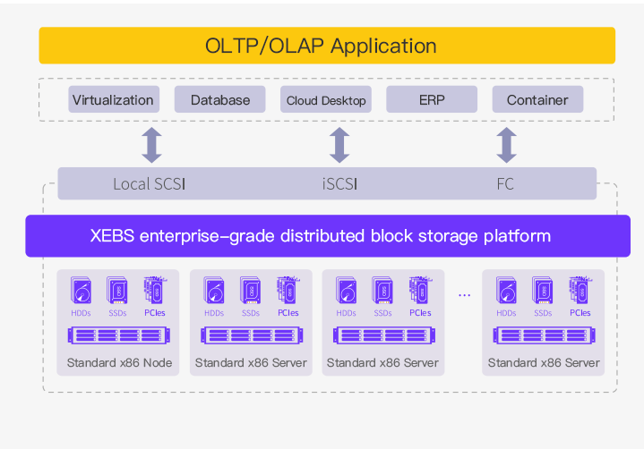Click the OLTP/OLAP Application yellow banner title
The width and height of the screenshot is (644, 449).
321,46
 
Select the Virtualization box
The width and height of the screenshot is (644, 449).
114,99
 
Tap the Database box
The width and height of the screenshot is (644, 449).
219,99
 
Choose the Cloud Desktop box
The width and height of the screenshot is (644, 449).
326,99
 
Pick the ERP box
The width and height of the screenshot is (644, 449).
432,99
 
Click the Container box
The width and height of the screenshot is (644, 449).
537,99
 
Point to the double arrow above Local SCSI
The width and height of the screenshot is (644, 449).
152,145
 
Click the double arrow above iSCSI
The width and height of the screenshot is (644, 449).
339,145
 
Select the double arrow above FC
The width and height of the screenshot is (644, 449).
506,145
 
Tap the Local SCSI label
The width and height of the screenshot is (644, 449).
149,184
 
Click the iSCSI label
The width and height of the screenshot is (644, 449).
339,184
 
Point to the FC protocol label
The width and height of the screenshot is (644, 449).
505,184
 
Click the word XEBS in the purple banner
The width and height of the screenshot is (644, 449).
112,236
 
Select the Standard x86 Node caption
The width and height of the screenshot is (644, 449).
119,363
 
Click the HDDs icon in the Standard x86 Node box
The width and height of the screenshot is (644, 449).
81,291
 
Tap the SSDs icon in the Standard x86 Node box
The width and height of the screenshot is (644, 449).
117,291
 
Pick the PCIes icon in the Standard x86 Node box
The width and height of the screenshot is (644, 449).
155,291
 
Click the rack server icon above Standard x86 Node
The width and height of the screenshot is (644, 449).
119,335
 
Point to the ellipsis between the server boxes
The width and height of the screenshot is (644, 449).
464,295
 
